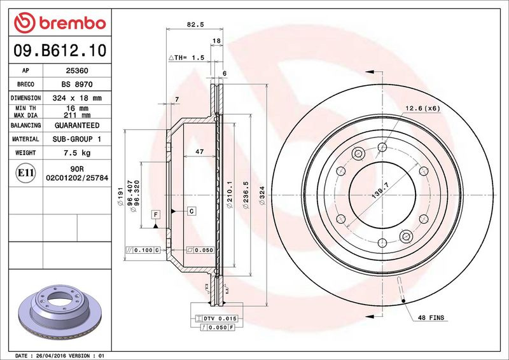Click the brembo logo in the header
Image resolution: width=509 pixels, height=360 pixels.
[x=60, y=23]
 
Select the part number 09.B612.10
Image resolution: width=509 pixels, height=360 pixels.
[x=60, y=51]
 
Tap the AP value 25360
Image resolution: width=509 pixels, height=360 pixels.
[x=77, y=71]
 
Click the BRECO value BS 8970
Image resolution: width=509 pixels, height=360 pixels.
[x=77, y=84]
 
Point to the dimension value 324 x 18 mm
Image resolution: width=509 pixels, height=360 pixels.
[x=77, y=98]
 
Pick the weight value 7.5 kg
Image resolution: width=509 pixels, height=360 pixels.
[x=77, y=153]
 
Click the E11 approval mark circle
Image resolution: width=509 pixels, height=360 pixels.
[x=25, y=173]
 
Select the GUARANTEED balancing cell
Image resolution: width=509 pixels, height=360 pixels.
[x=77, y=125]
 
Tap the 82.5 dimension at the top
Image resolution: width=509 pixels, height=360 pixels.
[x=195, y=24]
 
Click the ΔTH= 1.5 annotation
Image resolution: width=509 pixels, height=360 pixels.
[x=186, y=57]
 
